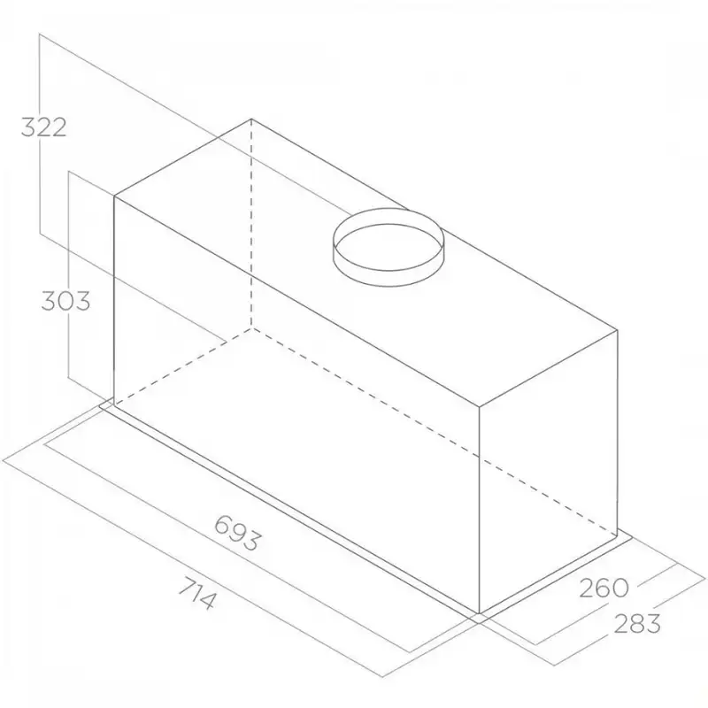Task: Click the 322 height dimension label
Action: coord(43,127)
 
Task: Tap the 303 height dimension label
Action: coord(65,301)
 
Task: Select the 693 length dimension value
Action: coord(237,534)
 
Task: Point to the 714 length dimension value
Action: coord(196,594)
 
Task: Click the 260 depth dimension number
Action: coord(604,588)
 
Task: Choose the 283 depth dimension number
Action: coord(637,624)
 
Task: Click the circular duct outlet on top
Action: coord(389,247)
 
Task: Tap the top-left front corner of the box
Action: coord(114,196)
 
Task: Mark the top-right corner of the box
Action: coord(617,331)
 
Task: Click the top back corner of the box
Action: coord(251,119)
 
